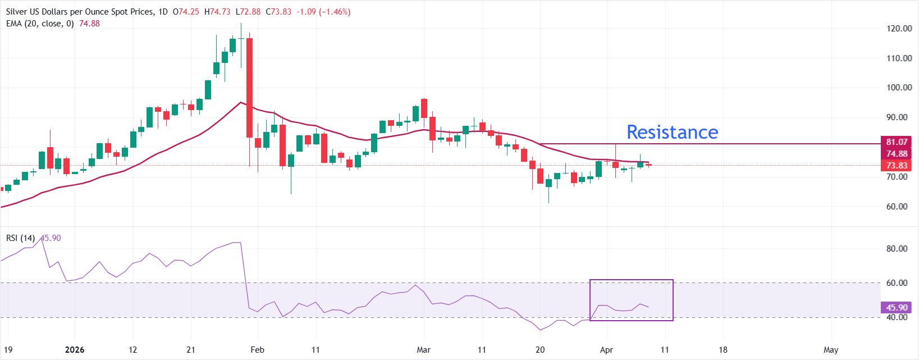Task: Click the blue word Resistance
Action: [x=672, y=132]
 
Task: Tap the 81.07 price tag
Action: [x=897, y=142]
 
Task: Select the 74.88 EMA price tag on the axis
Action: [x=897, y=154]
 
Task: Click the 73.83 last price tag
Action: [x=897, y=166]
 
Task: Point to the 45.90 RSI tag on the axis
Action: [x=897, y=308]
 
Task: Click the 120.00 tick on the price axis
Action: [x=899, y=29]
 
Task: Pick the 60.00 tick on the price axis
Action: [x=897, y=207]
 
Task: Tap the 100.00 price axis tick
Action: [x=899, y=88]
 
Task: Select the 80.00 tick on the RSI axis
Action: [x=897, y=249]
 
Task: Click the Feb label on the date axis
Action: [x=257, y=350]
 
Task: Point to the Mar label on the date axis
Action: [x=424, y=350]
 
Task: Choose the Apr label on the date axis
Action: [x=606, y=350]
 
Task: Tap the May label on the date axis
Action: [x=831, y=350]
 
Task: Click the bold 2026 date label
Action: [x=75, y=350]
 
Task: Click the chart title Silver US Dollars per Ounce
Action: [x=79, y=12]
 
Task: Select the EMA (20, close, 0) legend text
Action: [x=40, y=24]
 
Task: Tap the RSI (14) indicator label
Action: [x=20, y=238]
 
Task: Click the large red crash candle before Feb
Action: [x=249, y=88]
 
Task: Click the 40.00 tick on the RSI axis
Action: [x=897, y=317]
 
